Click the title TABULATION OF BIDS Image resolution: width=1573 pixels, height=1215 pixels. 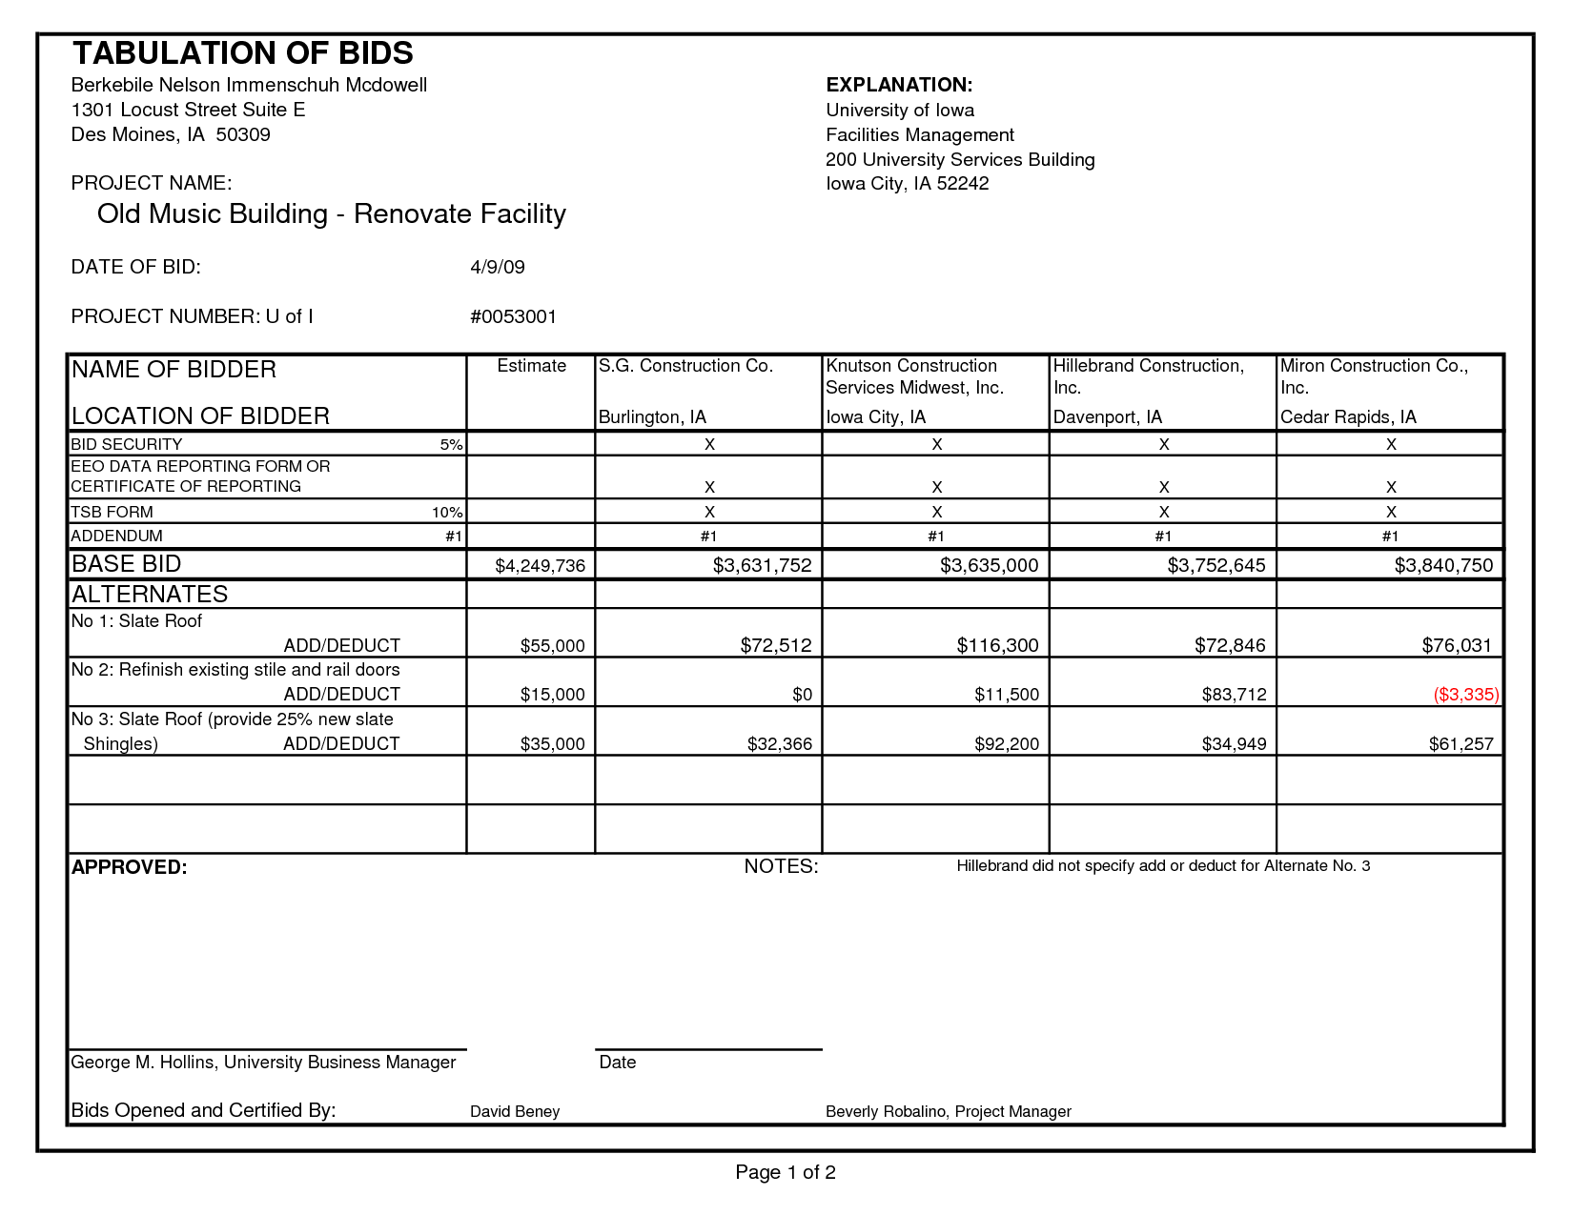point(243,53)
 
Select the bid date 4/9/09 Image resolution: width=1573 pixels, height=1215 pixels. point(498,267)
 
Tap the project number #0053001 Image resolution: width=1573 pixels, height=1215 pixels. point(513,316)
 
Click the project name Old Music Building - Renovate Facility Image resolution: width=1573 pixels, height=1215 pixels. point(331,213)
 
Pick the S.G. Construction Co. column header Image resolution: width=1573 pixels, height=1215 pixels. point(685,366)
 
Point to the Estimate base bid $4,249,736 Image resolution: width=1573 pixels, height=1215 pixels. point(540,566)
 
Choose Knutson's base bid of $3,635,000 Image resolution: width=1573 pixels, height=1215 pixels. point(989,565)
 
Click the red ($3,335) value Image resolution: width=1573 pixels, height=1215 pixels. point(1465,695)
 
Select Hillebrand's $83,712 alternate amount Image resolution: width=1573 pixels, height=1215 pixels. point(1234,695)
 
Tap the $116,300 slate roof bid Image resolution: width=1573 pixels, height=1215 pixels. point(997,645)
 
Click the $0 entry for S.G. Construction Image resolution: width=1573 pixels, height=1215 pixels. point(802,695)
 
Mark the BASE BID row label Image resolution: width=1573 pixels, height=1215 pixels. point(127,564)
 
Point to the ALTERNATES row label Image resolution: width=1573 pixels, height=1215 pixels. point(150,595)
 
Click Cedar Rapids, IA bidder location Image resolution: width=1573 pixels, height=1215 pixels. point(1348,417)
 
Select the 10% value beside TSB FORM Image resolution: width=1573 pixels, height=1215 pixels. point(447,513)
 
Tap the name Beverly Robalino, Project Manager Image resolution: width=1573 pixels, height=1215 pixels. point(948,1111)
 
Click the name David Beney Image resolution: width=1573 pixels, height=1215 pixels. point(515,1111)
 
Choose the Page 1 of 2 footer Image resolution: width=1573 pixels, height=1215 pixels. point(786,1172)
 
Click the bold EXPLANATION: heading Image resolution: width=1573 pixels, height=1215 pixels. point(899,85)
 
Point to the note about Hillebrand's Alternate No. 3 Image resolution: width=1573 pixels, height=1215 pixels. point(1163,866)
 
